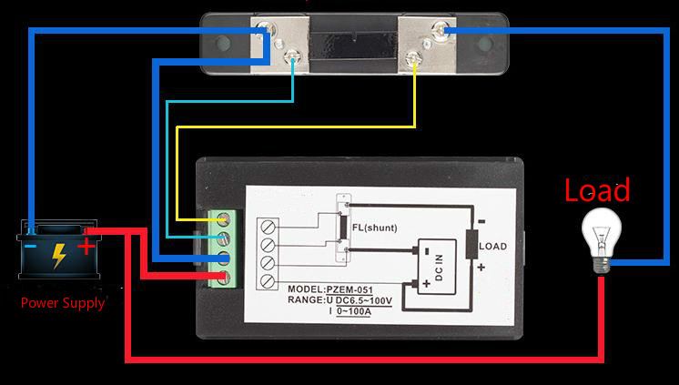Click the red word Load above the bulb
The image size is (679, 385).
tap(597, 191)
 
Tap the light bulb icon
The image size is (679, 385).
tap(602, 238)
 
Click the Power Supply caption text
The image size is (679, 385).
tap(63, 302)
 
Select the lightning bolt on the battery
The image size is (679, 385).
tap(58, 255)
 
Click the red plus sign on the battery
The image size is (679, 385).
tap(86, 245)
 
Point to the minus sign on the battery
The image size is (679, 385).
tap(31, 246)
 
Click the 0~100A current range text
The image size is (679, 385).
tap(359, 311)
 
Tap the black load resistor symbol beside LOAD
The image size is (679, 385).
tap(472, 245)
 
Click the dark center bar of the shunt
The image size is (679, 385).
tap(355, 42)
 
